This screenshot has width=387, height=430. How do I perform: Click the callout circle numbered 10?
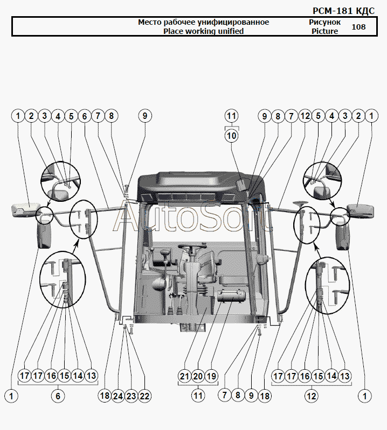pos(232,136)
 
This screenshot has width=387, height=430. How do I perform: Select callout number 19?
pos(211,376)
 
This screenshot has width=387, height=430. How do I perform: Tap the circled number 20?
pos(198,376)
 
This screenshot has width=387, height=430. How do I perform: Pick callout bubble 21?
pos(184,376)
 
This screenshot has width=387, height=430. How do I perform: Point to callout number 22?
pos(144,396)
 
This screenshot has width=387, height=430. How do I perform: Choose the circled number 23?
pos(132,396)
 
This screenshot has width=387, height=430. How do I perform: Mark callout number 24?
pos(118,396)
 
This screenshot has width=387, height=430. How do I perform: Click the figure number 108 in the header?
pos(359,27)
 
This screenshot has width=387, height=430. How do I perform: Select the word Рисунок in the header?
pos(324,22)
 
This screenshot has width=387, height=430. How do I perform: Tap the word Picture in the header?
pos(324,31)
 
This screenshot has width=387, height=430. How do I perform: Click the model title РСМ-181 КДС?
pos(343,11)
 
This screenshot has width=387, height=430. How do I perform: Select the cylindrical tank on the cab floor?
pos(230,296)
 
